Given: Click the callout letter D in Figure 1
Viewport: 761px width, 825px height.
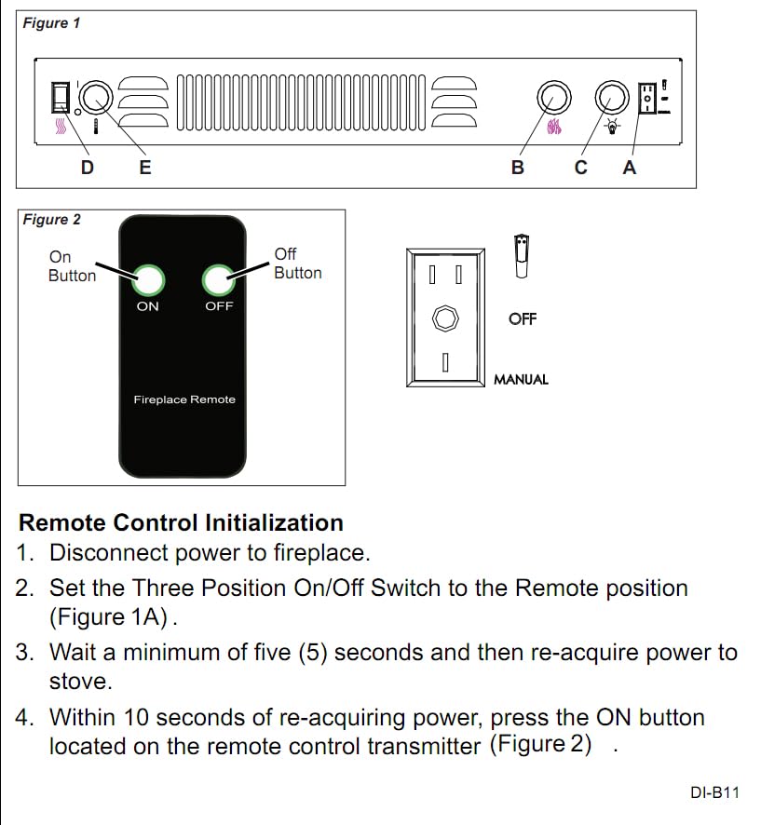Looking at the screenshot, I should (x=87, y=168).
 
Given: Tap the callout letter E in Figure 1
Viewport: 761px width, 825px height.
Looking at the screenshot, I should (x=145, y=168).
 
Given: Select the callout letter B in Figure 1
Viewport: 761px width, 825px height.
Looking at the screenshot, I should (x=518, y=168).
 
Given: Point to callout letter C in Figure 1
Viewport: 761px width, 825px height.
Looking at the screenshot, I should (x=581, y=168).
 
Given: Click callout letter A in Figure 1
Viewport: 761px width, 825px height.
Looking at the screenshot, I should (x=630, y=168).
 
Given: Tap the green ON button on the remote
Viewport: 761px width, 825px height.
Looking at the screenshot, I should (x=148, y=278).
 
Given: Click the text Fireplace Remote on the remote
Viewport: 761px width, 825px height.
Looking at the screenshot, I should (x=184, y=399).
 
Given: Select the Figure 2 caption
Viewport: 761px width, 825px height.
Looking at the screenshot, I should (x=52, y=220).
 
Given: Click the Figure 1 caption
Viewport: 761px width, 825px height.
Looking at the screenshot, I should (x=52, y=23).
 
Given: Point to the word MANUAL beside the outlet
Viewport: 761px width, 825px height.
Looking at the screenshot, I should (x=521, y=380).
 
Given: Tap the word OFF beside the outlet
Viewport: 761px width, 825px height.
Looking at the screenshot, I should (x=523, y=319).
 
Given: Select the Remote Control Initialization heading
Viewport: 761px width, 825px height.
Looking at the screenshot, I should (x=181, y=522).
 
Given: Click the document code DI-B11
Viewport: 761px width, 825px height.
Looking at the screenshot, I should (x=714, y=793).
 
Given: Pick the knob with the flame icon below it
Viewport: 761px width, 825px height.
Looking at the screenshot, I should (x=552, y=96).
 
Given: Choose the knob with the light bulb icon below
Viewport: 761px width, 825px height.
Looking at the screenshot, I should (x=612, y=96).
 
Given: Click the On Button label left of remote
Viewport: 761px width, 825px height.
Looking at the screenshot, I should (x=72, y=266).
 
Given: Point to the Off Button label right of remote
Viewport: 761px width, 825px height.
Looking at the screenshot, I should (x=297, y=264).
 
